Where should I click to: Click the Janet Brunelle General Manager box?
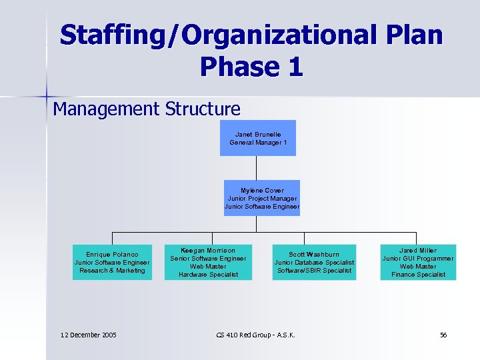pyautogui.click(x=257, y=138)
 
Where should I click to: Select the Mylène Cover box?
pyautogui.click(x=261, y=198)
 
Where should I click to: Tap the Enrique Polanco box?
pyautogui.click(x=112, y=262)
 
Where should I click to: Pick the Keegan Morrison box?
pyautogui.click(x=208, y=262)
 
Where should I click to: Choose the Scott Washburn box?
pyautogui.click(x=314, y=262)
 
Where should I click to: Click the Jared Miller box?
pyautogui.click(x=418, y=262)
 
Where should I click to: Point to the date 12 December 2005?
pyautogui.click(x=88, y=335)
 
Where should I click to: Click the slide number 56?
pyautogui.click(x=443, y=335)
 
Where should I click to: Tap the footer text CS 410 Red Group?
pyautogui.click(x=256, y=335)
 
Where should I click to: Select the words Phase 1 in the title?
pyautogui.click(x=251, y=66)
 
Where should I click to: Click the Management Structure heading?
pyautogui.click(x=147, y=109)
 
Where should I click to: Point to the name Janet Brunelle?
pyautogui.click(x=258, y=134)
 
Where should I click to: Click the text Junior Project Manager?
pyautogui.click(x=262, y=198)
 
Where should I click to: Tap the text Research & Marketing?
pyautogui.click(x=112, y=270)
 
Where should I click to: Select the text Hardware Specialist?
pyautogui.click(x=208, y=274)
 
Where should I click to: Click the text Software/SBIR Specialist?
pyautogui.click(x=314, y=270)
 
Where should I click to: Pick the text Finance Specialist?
pyautogui.click(x=418, y=274)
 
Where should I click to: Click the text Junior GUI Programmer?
pyautogui.click(x=418, y=258)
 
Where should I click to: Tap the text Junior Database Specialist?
pyautogui.click(x=314, y=262)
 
